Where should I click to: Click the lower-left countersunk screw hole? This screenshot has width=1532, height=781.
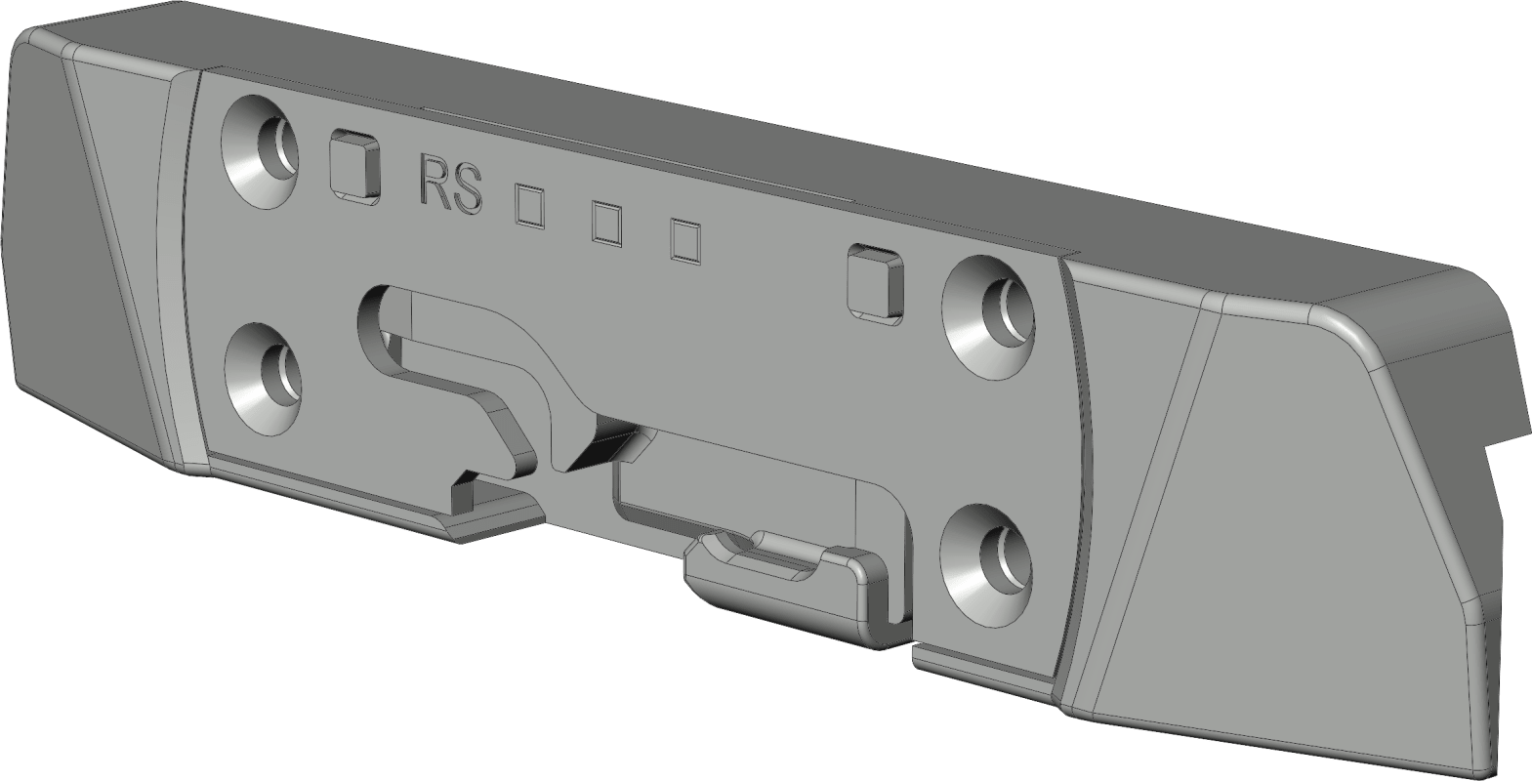tap(264, 379)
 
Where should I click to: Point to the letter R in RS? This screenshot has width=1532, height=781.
tap(433, 182)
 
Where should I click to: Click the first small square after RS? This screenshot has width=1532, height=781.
tap(529, 204)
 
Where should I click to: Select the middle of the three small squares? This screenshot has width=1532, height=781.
tap(606, 224)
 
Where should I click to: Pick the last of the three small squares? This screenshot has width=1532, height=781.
tap(685, 241)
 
